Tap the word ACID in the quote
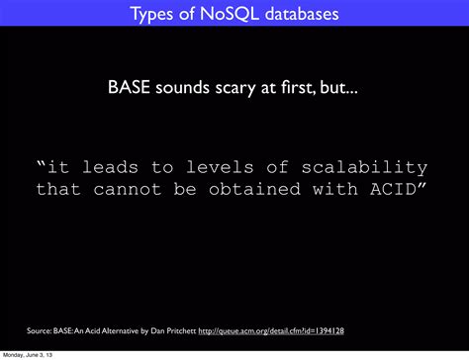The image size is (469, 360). (400, 188)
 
